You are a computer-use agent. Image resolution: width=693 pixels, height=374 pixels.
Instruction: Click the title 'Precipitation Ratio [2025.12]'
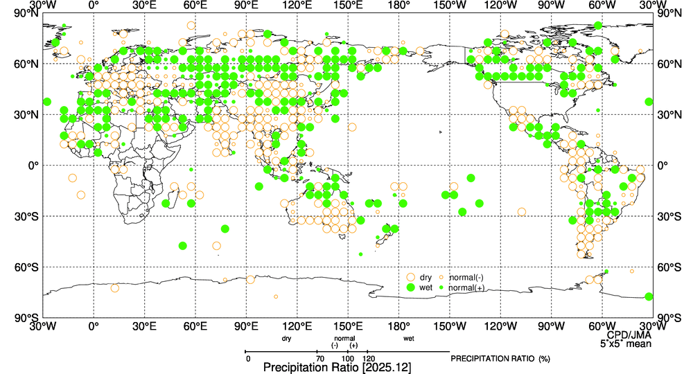[337, 367]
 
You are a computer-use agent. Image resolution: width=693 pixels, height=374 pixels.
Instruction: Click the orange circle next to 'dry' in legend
[411, 277]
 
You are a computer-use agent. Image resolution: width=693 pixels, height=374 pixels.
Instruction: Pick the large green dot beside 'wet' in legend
[411, 287]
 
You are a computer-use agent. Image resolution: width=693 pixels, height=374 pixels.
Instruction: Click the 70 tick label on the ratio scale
[319, 358]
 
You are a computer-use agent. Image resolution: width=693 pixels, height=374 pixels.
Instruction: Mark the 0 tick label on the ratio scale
[247, 358]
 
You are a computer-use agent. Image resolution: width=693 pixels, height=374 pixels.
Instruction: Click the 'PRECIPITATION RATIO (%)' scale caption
[500, 359]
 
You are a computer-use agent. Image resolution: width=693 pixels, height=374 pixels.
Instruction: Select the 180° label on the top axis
[398, 6]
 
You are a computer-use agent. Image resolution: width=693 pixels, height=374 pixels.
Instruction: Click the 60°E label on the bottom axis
[195, 326]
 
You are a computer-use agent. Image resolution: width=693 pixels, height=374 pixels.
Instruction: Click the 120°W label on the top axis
[500, 6]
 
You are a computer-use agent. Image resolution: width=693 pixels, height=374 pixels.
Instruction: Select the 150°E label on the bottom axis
[348, 326]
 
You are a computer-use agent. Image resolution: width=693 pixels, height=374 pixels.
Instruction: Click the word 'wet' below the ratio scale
[409, 339]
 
